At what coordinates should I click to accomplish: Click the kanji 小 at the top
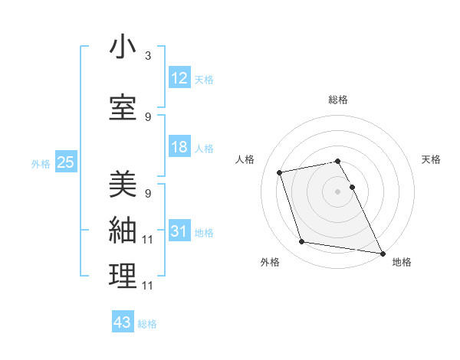123,47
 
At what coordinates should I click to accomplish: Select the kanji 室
123,107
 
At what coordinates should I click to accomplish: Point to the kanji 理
123,277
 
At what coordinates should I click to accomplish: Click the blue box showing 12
179,78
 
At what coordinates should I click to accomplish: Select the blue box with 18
179,147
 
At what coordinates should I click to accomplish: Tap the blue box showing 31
179,232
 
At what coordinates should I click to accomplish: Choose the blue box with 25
65,162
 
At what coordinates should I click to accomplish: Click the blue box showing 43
123,322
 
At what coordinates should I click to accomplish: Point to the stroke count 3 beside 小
147,56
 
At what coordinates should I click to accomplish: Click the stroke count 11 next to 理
147,286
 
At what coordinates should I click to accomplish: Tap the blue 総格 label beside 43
147,324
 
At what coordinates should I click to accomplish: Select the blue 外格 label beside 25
41,163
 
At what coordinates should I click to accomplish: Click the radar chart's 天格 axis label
431,159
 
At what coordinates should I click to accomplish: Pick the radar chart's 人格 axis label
245,159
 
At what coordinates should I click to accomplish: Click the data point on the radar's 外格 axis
302,242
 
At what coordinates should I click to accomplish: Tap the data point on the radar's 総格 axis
337,162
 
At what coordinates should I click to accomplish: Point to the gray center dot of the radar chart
337,191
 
